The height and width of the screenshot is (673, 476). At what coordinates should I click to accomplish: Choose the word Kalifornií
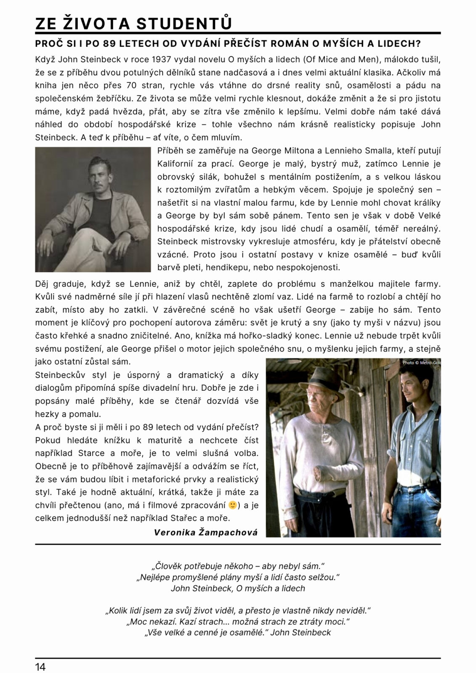point(175,164)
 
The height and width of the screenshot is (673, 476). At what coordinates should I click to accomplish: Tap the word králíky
point(426,203)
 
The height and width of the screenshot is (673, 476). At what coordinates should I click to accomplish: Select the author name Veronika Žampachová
point(205,532)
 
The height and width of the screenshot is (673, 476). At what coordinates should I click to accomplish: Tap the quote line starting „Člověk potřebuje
point(238,566)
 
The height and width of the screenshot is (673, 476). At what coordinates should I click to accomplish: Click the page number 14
point(40,667)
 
